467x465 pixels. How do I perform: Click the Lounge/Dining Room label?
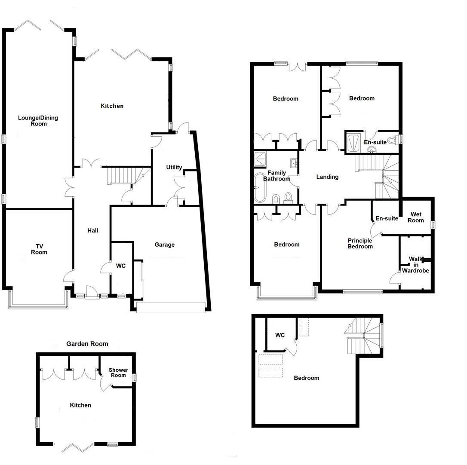(38, 121)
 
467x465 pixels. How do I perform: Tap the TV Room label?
(39, 249)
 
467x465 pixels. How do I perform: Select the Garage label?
(165, 245)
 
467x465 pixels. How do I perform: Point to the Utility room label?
(174, 168)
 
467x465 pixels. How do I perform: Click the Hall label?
(92, 231)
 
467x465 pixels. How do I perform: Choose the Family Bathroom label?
(277, 176)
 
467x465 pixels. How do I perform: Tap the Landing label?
(327, 177)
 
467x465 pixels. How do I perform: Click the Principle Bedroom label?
(360, 244)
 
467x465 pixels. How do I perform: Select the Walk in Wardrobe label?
(415, 265)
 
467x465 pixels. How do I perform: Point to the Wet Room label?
(417, 217)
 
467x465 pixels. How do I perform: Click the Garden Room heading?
(87, 344)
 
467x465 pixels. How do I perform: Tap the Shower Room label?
(118, 373)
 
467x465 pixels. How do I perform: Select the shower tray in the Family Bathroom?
(261, 159)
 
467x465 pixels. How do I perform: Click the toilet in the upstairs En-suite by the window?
(392, 140)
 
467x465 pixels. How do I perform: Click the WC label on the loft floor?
(280, 335)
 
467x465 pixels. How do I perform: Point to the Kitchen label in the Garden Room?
(81, 405)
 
